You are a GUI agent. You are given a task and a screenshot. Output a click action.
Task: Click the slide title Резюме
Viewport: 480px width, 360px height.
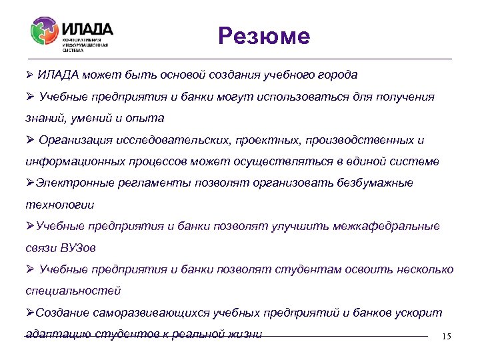click(264, 36)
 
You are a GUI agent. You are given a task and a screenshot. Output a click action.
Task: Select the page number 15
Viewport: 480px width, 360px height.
click(446, 337)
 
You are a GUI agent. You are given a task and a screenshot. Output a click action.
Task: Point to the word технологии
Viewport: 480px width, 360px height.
click(59, 205)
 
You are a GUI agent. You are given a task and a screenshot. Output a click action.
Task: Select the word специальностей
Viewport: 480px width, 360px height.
click(73, 291)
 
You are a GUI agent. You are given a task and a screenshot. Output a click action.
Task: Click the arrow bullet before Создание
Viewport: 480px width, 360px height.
click(29, 313)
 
